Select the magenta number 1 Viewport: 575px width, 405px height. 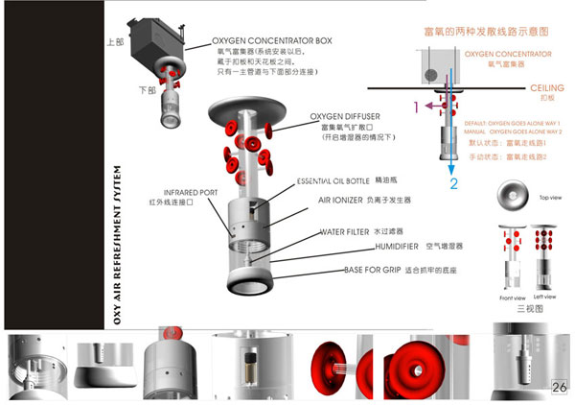[415, 107]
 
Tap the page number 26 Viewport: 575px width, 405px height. [561, 386]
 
